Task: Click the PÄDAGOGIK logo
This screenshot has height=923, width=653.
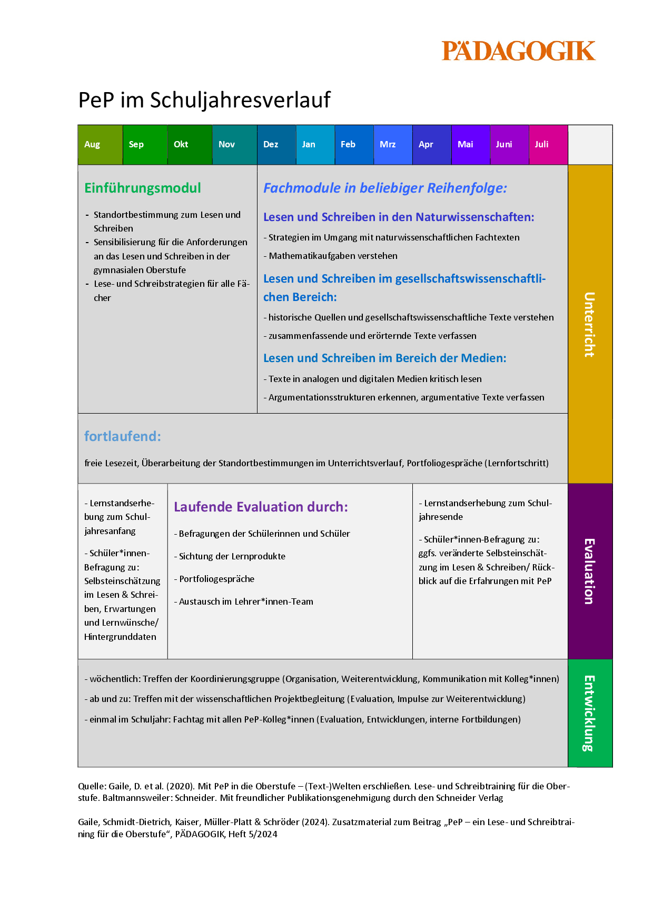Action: click(518, 51)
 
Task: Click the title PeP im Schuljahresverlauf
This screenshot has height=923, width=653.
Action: click(204, 100)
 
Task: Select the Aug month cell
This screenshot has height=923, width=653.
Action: click(100, 145)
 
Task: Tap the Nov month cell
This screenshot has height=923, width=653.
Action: click(234, 145)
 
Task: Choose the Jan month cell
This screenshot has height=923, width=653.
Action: click(315, 145)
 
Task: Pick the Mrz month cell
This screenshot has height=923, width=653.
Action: click(393, 145)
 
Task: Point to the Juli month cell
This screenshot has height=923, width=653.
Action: click(548, 145)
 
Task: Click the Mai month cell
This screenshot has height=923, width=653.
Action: click(470, 145)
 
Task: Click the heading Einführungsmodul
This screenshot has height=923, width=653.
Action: click(143, 188)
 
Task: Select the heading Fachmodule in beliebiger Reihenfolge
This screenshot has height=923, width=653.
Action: click(385, 188)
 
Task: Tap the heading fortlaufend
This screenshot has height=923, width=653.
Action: click(123, 436)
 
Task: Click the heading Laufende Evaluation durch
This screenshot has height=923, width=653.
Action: click(261, 507)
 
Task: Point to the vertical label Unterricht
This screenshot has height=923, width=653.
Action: click(590, 324)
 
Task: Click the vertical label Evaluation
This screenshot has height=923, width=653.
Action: click(590, 571)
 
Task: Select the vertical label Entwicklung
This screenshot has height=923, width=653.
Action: click(590, 713)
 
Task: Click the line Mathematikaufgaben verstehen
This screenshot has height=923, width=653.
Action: click(333, 256)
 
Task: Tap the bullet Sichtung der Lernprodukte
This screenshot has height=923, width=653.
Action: click(232, 556)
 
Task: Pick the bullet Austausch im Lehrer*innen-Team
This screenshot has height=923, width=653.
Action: click(245, 601)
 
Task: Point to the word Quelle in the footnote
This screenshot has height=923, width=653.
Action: click(92, 786)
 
